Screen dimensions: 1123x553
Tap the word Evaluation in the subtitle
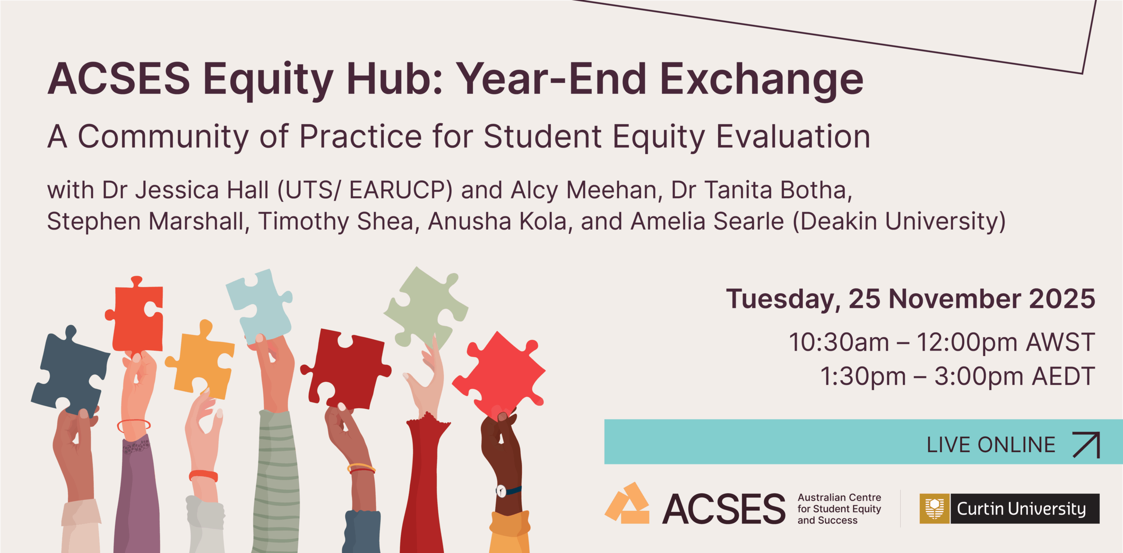[793, 136]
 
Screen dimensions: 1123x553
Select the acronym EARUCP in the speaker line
[400, 190]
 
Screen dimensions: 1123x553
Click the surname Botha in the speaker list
[815, 190]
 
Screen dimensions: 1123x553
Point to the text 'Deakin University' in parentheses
[899, 221]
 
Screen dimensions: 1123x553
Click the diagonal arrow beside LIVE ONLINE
[1086, 445]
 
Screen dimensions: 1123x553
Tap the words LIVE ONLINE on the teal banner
[991, 445]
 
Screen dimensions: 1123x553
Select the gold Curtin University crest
[935, 509]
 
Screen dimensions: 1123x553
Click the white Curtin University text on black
[1021, 509]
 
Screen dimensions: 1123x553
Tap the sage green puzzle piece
[426, 307]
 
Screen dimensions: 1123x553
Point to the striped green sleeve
[276, 483]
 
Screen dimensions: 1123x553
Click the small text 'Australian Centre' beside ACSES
[839, 497]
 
